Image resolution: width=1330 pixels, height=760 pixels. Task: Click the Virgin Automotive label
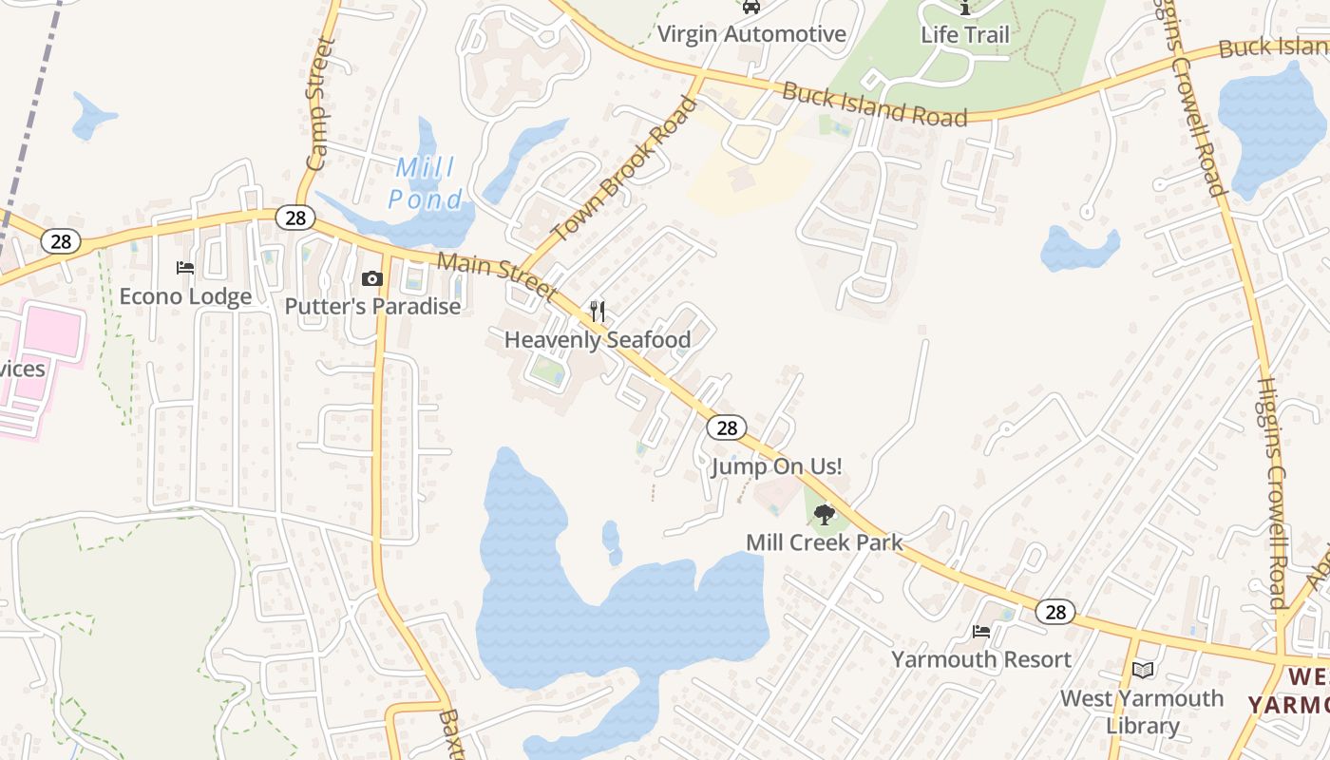(x=750, y=34)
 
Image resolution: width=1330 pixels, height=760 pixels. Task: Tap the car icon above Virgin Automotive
(x=751, y=7)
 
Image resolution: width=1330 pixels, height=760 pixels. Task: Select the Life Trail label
(x=964, y=34)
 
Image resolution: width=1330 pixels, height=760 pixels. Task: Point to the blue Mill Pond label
(x=426, y=183)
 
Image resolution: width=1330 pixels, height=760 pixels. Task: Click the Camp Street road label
(x=319, y=104)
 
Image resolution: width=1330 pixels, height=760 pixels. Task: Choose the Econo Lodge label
(x=185, y=296)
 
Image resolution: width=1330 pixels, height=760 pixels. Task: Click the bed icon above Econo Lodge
(x=185, y=269)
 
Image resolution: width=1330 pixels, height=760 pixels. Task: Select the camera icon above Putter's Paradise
(x=372, y=278)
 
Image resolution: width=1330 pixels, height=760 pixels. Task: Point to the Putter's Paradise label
(x=372, y=307)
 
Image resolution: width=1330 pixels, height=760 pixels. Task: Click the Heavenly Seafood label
(x=597, y=339)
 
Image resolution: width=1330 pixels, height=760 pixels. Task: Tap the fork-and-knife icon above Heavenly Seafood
(x=598, y=311)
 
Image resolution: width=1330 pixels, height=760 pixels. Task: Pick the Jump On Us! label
(x=776, y=466)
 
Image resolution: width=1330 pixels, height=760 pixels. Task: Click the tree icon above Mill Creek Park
(x=825, y=515)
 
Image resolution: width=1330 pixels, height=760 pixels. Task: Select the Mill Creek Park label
(x=824, y=542)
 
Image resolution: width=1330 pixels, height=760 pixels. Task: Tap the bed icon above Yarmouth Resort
(x=981, y=631)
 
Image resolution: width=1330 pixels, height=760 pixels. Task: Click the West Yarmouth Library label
(x=1142, y=712)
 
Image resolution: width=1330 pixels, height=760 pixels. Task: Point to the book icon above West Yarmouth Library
(x=1143, y=670)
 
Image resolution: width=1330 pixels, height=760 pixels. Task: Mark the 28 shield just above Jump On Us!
(x=727, y=427)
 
